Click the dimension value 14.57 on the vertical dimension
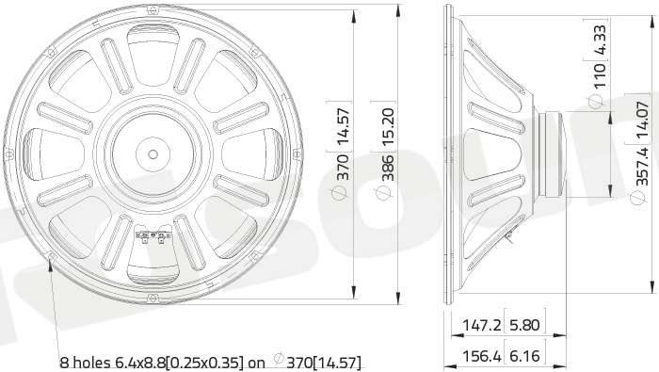pos(344,125)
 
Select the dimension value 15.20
pos(387,127)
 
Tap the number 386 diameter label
pos(387,168)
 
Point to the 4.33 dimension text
pos(601,40)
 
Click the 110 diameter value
pos(601,75)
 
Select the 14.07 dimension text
pos(643,120)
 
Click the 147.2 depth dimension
pos(482,325)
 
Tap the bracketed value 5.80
pos(524,325)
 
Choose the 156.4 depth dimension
pos(482,356)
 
